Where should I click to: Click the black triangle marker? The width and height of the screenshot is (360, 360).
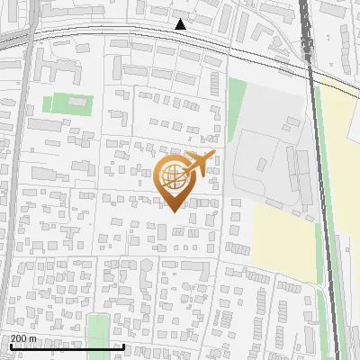(x=181, y=24)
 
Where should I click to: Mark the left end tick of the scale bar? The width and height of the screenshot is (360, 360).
(x=11, y=346)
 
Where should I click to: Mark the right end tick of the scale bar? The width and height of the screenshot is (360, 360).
(x=122, y=346)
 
